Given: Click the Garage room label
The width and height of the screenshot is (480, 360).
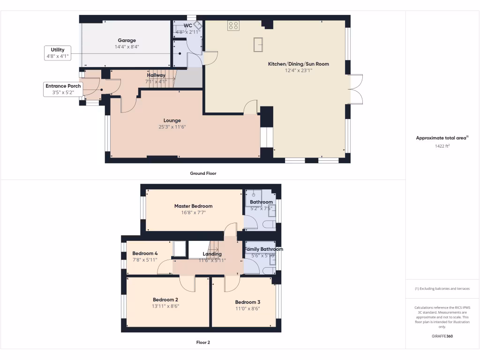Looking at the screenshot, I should (127, 40).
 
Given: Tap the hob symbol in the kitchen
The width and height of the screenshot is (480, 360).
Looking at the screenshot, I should (233, 25).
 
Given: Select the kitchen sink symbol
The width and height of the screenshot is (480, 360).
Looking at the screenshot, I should (258, 44).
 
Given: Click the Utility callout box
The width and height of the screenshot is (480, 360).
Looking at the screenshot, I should (58, 52).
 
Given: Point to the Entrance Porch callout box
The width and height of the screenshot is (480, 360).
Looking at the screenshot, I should (63, 89).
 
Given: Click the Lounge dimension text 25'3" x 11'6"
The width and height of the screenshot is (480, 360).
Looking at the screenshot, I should (172, 127).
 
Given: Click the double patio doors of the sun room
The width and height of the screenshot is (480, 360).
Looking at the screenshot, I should (356, 89).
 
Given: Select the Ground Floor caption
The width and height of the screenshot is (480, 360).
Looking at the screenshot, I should (203, 173).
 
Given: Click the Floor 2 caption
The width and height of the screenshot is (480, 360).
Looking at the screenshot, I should (203, 342).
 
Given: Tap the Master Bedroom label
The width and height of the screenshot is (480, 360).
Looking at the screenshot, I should (193, 206).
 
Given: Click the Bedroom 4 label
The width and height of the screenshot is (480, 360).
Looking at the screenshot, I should (145, 254).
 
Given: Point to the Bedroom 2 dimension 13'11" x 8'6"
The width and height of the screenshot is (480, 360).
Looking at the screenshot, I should (165, 306).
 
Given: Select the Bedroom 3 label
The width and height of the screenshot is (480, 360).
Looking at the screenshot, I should (247, 302).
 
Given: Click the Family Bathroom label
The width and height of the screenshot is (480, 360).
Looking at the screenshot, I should (264, 249).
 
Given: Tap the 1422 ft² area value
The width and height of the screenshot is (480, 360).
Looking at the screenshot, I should (442, 146).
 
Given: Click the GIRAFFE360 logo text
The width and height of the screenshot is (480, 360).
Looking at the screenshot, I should (442, 336).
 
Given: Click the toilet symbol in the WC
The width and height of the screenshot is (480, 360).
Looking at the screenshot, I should (199, 26).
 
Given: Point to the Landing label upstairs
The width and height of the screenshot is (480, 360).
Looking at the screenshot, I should (212, 254).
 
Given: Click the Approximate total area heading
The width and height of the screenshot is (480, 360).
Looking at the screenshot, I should (442, 138).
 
